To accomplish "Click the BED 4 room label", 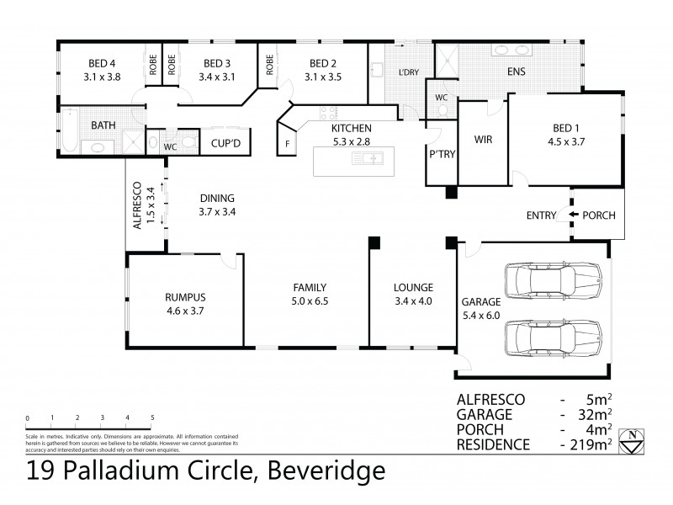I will tap(103, 63).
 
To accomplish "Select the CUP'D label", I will tap(226, 144).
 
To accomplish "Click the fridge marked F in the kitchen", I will tap(288, 144).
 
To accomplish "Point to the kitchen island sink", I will tap(370, 157).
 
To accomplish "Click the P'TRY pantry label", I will tap(441, 155).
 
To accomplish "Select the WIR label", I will tap(483, 139).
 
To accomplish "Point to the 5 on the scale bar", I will tap(152, 417).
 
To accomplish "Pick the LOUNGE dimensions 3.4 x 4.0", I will tap(413, 300).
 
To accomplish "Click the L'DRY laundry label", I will tap(408, 72).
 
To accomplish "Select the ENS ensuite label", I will tap(516, 72).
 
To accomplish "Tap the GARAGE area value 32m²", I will tap(591, 414).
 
